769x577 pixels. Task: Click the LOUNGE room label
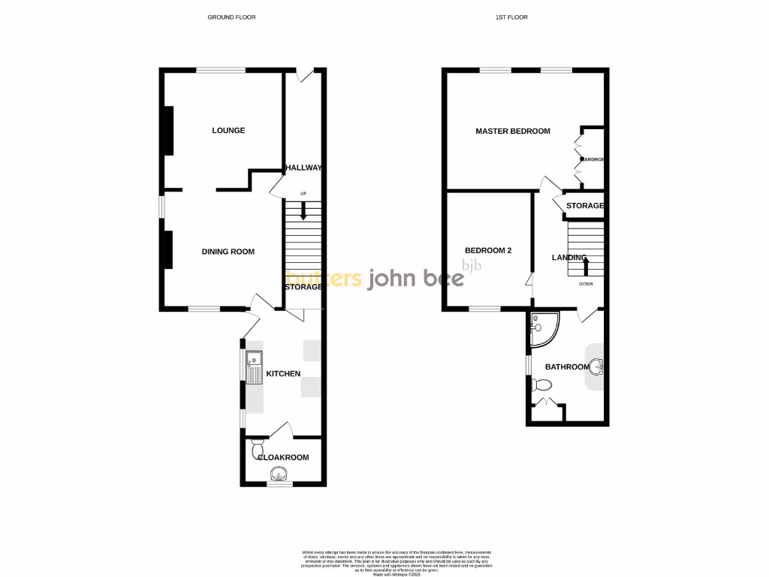pos(228,131)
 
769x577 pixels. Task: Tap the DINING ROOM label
pos(228,252)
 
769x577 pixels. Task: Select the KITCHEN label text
pos(283,373)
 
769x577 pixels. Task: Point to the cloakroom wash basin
pos(279,473)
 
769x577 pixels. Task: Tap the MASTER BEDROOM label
pos(513,131)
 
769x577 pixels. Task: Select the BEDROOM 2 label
pos(488,251)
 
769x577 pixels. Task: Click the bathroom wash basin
pos(597,367)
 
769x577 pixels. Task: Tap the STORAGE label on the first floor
pos(585,206)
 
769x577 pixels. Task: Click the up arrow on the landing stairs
pos(585,265)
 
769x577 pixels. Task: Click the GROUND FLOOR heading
pos(232,17)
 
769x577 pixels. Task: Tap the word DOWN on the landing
pos(586,284)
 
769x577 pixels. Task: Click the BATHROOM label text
pos(567,367)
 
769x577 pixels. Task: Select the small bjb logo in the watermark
pos(472,264)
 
